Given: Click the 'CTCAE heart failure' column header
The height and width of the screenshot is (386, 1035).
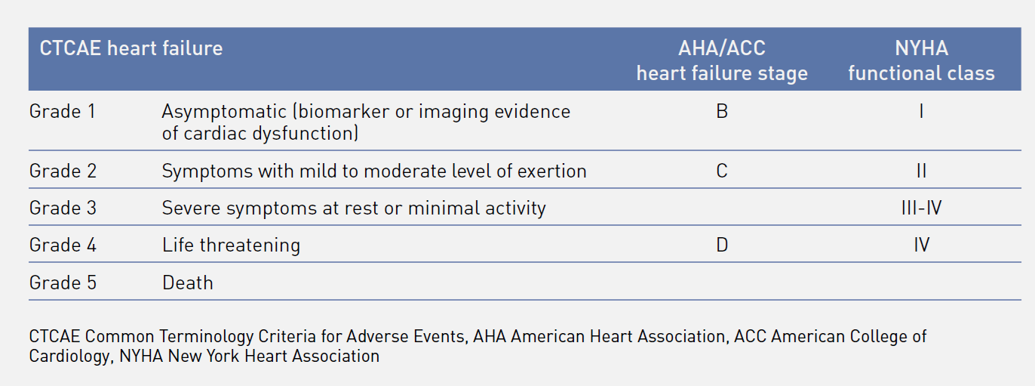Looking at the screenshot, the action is pyautogui.click(x=131, y=48).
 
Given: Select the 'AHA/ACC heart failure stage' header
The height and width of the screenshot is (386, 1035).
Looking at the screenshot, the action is pyautogui.click(x=722, y=60).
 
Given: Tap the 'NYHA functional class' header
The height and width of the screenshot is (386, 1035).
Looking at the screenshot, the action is pyautogui.click(x=921, y=60).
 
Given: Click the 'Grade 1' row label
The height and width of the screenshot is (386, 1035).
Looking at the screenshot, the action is pyautogui.click(x=63, y=112).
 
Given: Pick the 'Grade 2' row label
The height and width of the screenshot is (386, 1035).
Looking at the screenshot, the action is pyautogui.click(x=63, y=171).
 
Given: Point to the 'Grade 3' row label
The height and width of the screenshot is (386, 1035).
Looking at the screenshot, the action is pyautogui.click(x=63, y=208).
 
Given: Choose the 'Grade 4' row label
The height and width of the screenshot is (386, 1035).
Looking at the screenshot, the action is pyautogui.click(x=63, y=245).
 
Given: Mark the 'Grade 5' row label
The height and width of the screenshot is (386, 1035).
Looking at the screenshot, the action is pyautogui.click(x=63, y=283).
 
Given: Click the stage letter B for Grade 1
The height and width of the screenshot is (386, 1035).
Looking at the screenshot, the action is pyautogui.click(x=722, y=112).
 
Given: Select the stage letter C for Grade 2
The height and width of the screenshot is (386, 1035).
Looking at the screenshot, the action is pyautogui.click(x=722, y=171).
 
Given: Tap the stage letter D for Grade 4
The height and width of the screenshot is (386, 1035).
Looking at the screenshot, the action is pyautogui.click(x=722, y=245).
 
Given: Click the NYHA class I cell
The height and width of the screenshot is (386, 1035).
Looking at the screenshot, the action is pyautogui.click(x=921, y=112).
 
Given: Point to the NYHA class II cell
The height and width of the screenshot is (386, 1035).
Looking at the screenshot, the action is pyautogui.click(x=921, y=171).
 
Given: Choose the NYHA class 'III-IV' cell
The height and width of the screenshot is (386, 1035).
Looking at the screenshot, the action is pyautogui.click(x=921, y=208).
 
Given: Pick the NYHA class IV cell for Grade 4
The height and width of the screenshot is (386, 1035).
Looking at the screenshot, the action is pyautogui.click(x=921, y=245).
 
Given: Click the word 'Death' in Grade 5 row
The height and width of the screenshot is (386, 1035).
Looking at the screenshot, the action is pyautogui.click(x=188, y=283).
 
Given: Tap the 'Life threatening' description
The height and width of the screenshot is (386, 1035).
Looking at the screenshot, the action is pyautogui.click(x=231, y=245).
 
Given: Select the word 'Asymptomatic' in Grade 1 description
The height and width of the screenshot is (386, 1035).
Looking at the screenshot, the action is pyautogui.click(x=224, y=112).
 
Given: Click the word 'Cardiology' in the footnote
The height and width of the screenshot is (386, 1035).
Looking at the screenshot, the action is pyautogui.click(x=69, y=357).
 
